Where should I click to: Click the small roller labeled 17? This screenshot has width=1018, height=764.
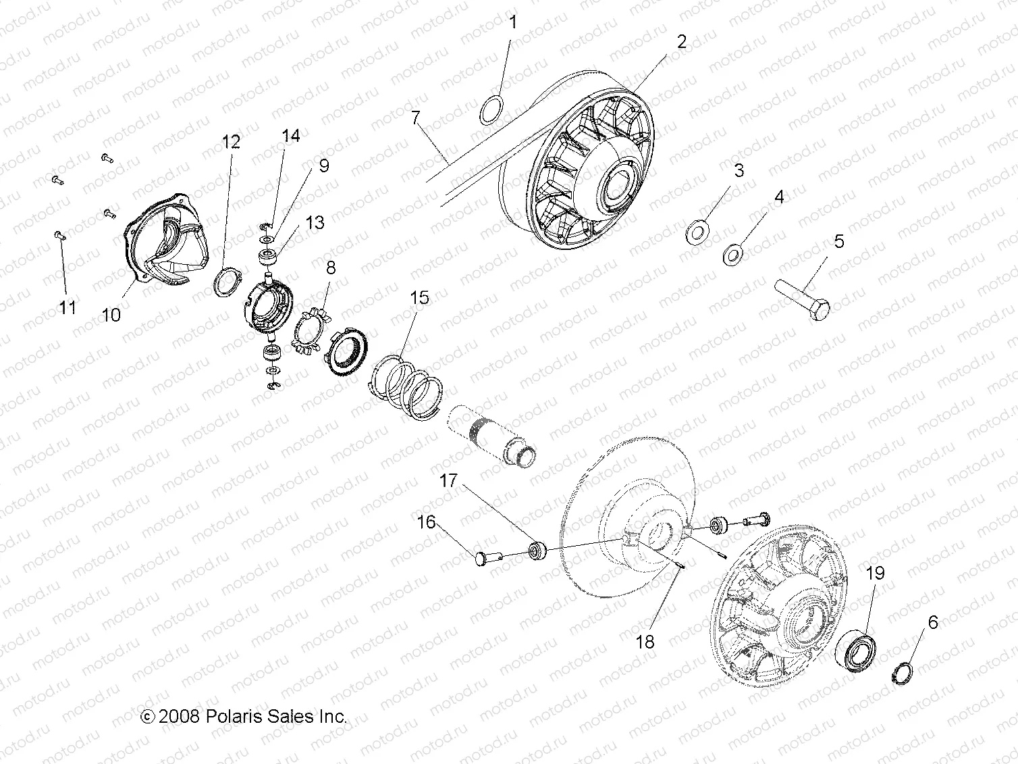coord(538,550)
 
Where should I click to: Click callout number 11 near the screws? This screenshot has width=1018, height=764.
coord(67,307)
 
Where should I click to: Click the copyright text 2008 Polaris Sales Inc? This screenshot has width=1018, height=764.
coord(244,716)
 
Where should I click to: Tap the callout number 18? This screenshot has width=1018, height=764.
coord(645,641)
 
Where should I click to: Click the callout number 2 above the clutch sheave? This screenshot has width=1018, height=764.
coord(681,41)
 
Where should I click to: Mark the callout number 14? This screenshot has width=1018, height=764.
coord(290,136)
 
